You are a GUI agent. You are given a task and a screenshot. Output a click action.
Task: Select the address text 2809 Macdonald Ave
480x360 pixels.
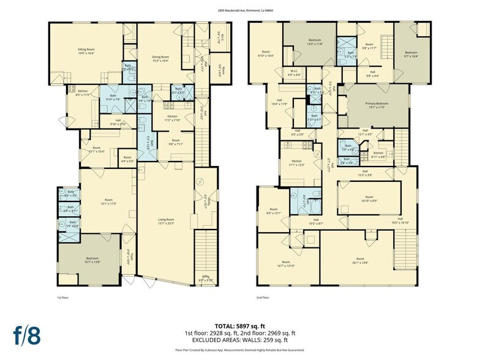click(239, 11)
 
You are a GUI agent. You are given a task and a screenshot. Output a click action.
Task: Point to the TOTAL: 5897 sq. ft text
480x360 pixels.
click(239, 326)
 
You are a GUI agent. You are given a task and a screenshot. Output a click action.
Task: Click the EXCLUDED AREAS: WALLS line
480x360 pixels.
click(239, 340)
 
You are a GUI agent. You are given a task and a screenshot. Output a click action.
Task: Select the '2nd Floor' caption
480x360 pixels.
click(263, 297)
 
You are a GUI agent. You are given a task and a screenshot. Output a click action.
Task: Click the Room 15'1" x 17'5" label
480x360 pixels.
click(109, 201)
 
